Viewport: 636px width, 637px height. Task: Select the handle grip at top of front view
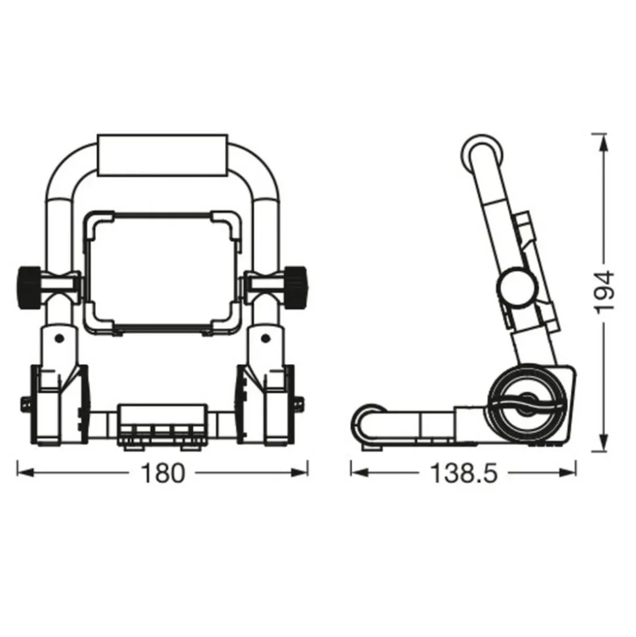pos(162,155)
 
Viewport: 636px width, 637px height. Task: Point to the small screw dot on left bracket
pos(59,339)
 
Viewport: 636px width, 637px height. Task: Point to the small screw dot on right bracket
pos(265,339)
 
